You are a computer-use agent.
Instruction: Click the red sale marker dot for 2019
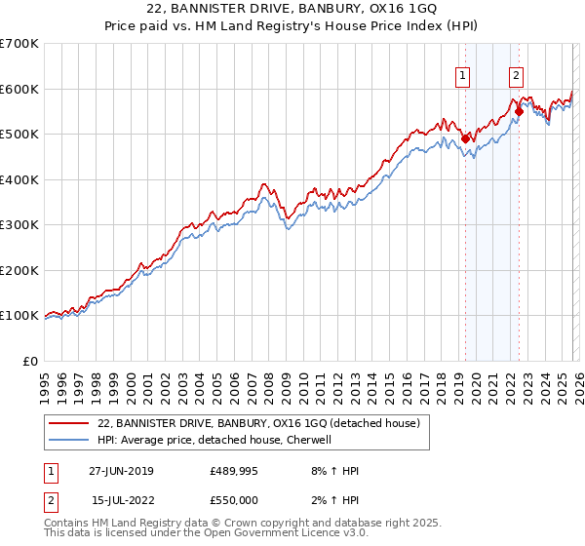pyautogui.click(x=466, y=138)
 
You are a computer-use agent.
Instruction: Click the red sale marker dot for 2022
pyautogui.click(x=519, y=111)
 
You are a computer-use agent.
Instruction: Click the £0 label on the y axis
pyautogui.click(x=31, y=361)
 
